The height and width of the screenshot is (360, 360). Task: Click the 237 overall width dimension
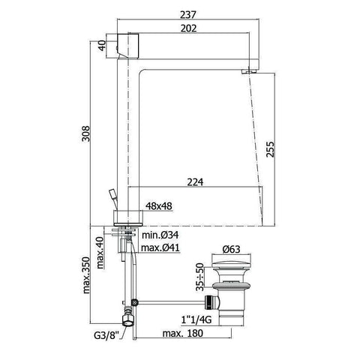[x=188, y=14]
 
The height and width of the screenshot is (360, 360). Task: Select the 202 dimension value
[x=189, y=28]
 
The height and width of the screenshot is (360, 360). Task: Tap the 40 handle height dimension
[x=102, y=46]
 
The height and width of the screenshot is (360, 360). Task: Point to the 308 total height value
[x=85, y=133]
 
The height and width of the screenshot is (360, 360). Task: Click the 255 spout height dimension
[x=270, y=149]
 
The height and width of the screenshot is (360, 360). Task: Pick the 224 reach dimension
[x=195, y=182]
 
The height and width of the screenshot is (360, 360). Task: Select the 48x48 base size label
[x=159, y=206]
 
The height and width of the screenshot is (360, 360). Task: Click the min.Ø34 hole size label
[x=160, y=235]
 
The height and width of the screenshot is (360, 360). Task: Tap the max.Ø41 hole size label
[x=160, y=247]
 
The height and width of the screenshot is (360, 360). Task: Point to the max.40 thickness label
[x=100, y=253]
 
